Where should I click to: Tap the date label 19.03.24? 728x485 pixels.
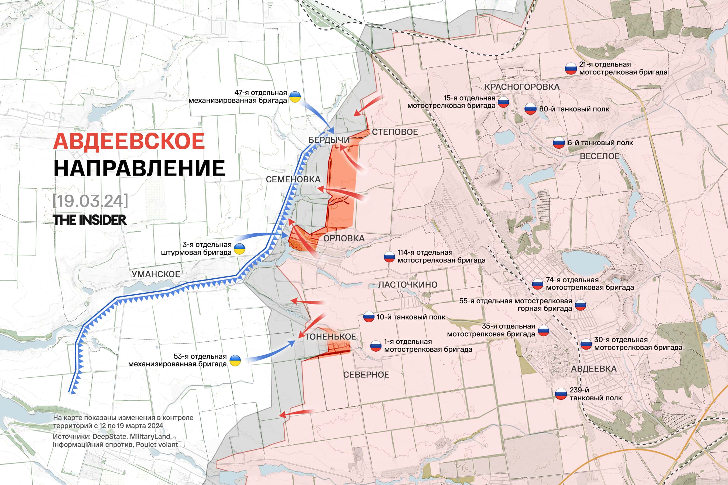pos(90,201)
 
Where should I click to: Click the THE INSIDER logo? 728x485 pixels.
pos(90,220)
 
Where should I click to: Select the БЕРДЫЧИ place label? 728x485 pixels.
pos(329,140)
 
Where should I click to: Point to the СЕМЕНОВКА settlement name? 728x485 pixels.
pos(293,179)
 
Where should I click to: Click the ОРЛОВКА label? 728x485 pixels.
pos(344,238)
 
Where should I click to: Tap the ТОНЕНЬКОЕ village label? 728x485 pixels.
pos(330,337)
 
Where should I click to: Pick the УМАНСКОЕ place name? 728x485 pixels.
pos(156,274)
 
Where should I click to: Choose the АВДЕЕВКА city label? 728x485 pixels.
pos(594,369)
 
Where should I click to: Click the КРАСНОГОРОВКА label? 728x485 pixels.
pos(522,87)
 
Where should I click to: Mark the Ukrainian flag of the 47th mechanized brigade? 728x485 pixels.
pos(295,97)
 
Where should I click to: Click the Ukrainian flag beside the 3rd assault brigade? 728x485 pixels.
pos(239,249)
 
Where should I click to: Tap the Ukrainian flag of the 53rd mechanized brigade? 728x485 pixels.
pos(235,361)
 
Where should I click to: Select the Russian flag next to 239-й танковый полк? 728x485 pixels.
pos(561,394)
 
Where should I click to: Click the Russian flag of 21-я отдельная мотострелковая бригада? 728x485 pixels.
pos(571,69)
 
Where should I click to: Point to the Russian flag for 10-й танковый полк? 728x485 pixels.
pos(368,317)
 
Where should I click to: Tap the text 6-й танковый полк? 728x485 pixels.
pos(600,143)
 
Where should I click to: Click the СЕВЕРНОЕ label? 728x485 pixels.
pos(366,375)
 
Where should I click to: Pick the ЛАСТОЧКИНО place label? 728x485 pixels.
pos(408,285)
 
